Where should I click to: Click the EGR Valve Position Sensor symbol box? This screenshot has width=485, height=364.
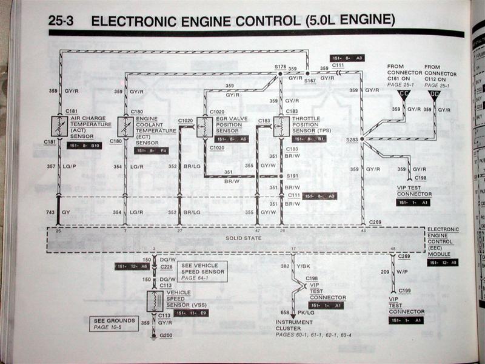point(205,127)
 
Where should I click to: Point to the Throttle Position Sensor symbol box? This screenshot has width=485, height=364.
point(281,126)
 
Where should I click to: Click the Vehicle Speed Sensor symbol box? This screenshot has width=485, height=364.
point(155,301)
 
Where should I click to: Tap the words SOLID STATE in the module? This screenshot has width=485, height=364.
point(245,238)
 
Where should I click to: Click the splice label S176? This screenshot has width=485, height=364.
point(279,67)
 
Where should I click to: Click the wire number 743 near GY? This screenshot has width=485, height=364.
point(50,212)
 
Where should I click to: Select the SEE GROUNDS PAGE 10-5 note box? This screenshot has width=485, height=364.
point(113,323)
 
